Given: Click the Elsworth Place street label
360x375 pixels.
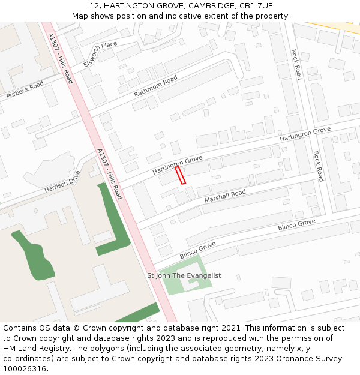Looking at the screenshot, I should [x=100, y=53].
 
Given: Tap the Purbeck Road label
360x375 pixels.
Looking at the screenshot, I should [x=25, y=91].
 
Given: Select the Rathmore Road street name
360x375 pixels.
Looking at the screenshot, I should [x=155, y=87].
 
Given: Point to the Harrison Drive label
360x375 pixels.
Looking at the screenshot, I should [x=62, y=182].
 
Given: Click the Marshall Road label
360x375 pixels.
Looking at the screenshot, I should [x=225, y=196].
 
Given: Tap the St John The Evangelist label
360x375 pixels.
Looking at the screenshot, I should [x=184, y=275].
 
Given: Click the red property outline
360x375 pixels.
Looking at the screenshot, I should [x=181, y=175].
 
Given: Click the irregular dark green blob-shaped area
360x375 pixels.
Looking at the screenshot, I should [x=36, y=255].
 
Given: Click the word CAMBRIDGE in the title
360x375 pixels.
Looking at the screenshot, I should [x=199, y=6].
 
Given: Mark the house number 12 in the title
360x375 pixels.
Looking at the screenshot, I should [x=94, y=6].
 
